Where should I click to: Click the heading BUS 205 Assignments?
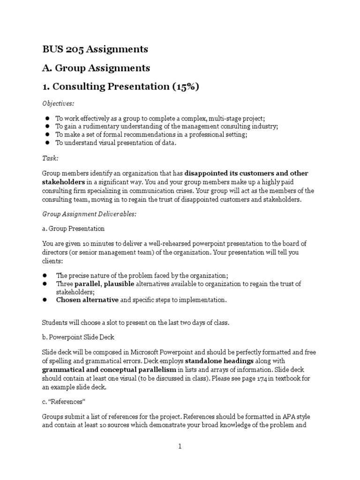pyautogui.click(x=95, y=49)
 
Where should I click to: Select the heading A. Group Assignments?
pyautogui.click(x=96, y=68)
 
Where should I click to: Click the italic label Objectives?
pyautogui.click(x=58, y=103)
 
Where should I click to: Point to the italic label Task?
pyautogui.click(x=50, y=159)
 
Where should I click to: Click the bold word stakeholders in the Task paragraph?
pyautogui.click(x=64, y=181)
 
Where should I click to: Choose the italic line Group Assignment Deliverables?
pyautogui.click(x=89, y=214)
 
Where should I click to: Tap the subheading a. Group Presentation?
pyautogui.click(x=74, y=229)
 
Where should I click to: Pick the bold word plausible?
pyautogui.click(x=119, y=284)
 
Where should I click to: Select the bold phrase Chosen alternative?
pyautogui.click(x=87, y=300)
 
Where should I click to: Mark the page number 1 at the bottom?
pyautogui.click(x=180, y=446)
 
